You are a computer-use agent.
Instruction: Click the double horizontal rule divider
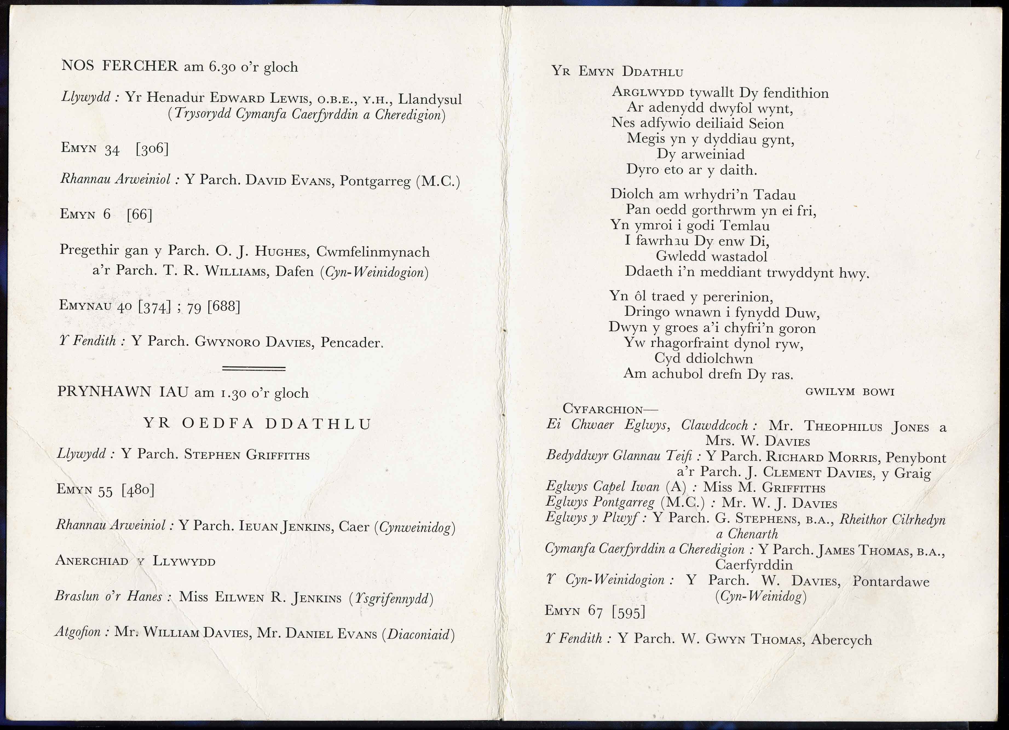tap(253, 368)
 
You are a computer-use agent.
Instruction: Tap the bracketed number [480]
tap(138, 489)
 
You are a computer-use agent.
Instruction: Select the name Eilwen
tap(240, 597)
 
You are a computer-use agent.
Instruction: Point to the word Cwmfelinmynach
tap(373, 252)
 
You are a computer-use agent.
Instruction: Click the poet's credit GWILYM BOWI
tap(850, 392)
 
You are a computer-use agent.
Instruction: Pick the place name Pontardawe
tap(891, 581)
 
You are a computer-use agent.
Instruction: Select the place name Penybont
tap(916, 457)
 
